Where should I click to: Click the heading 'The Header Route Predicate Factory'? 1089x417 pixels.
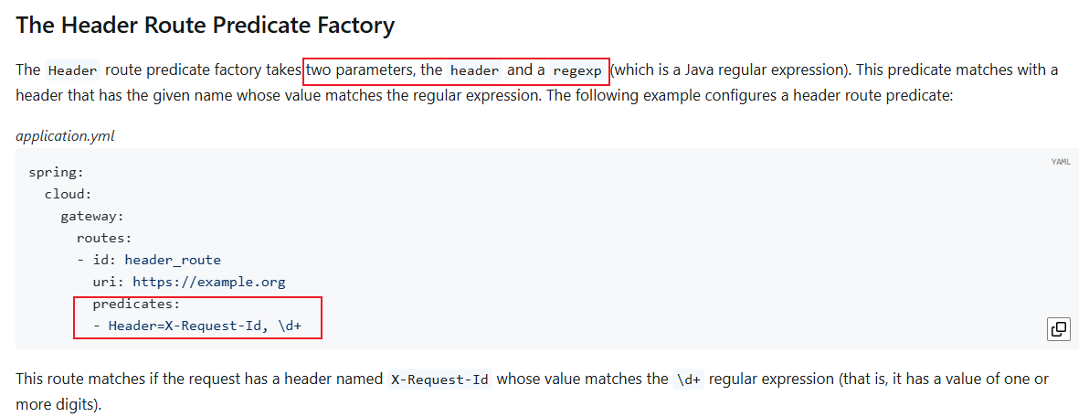point(205,25)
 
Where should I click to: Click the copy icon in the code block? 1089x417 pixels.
point(1058,329)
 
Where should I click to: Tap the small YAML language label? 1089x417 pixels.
point(1061,162)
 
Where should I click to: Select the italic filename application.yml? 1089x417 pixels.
point(65,135)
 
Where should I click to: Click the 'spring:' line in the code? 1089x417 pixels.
point(56,172)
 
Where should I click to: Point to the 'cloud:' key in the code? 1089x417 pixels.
point(68,194)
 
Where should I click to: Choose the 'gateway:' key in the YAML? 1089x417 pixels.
point(91,216)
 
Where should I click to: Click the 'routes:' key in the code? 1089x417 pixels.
point(104,238)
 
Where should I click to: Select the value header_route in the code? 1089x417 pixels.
point(173,260)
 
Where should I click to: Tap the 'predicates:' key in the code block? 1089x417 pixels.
point(136,304)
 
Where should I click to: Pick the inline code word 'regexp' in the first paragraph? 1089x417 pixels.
point(577,70)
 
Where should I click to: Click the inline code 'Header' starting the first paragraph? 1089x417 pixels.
point(73,70)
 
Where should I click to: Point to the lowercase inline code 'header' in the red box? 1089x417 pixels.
point(475,70)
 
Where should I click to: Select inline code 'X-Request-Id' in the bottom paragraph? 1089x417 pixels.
point(439,380)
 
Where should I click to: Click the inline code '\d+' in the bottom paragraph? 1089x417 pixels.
point(688,380)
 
